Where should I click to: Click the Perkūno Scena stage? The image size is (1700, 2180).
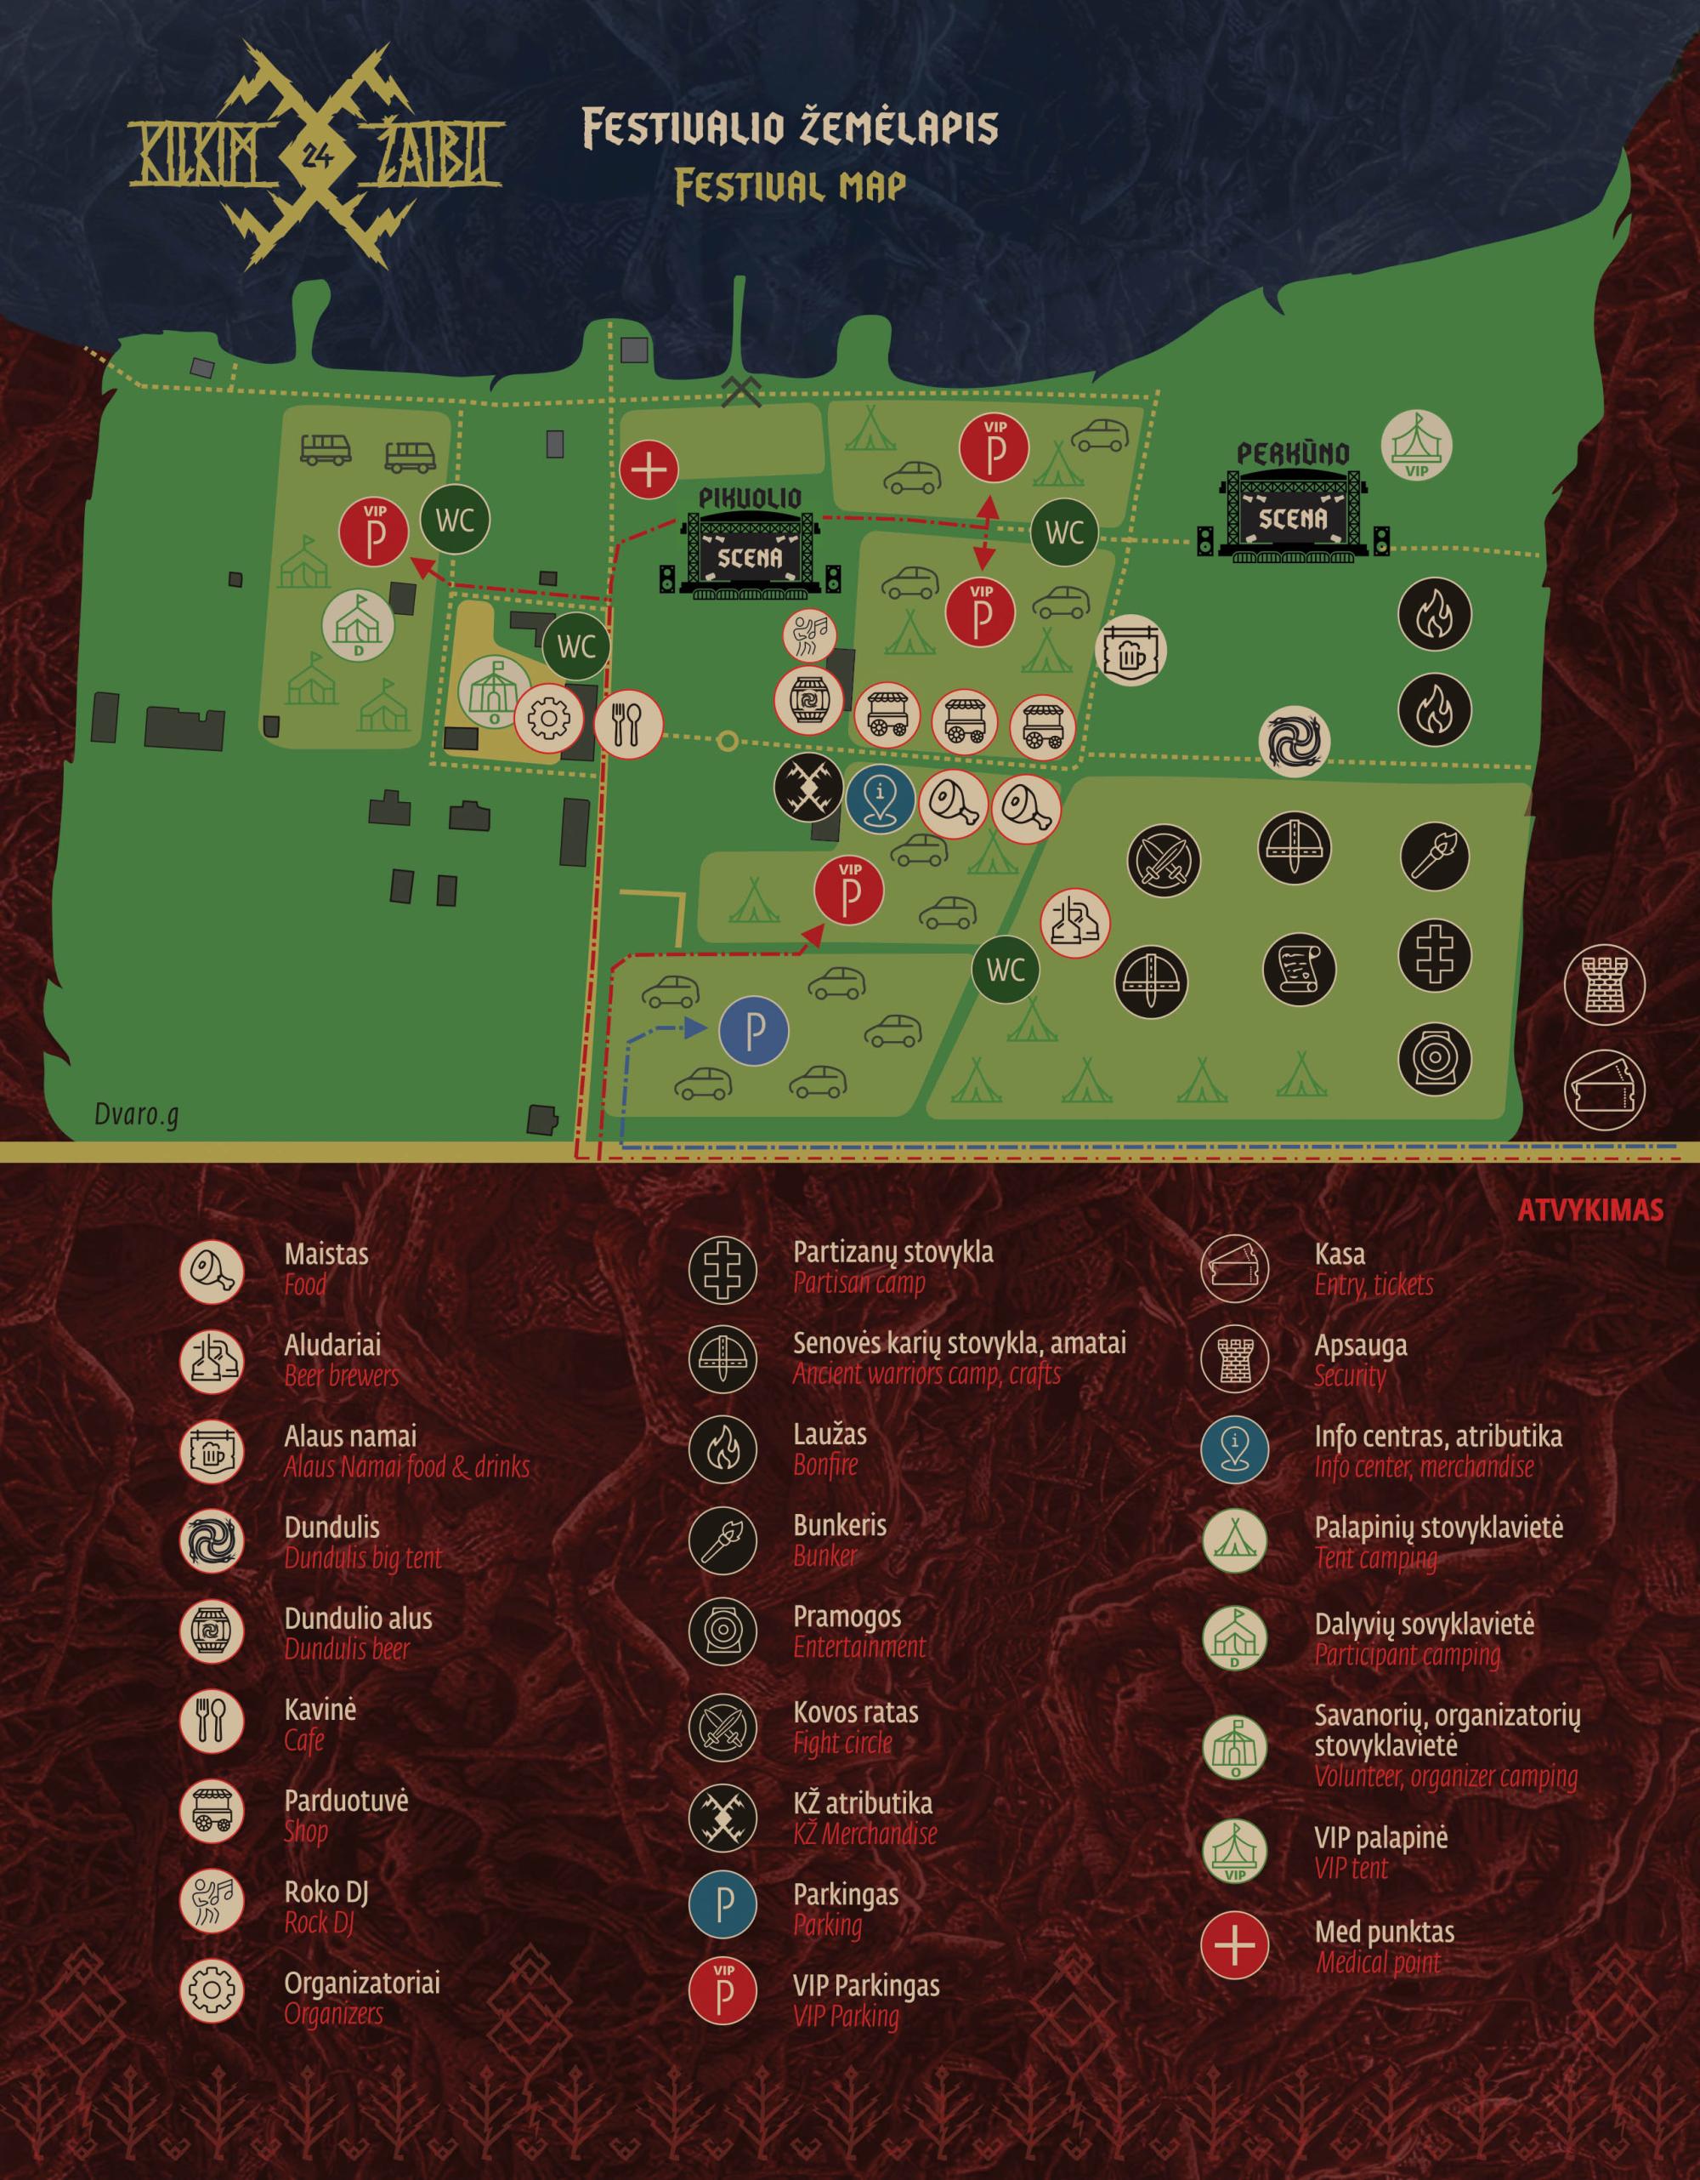pyautogui.click(x=1292, y=509)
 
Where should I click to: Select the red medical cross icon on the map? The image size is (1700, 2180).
pyautogui.click(x=649, y=470)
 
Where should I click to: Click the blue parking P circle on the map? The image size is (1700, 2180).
pyautogui.click(x=754, y=1031)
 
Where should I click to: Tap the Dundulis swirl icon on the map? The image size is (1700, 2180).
pyautogui.click(x=1295, y=741)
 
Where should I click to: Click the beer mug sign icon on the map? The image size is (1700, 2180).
pyautogui.click(x=1130, y=652)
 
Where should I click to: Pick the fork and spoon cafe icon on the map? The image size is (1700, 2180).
pyautogui.click(x=628, y=720)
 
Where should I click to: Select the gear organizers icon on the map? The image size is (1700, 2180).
pyautogui.click(x=547, y=717)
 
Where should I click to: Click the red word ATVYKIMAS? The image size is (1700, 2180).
pyautogui.click(x=1590, y=1210)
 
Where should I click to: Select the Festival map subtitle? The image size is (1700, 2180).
pyautogui.click(x=790, y=185)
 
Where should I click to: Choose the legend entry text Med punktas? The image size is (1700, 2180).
pyautogui.click(x=1384, y=1932)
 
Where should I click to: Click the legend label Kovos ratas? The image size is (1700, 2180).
pyautogui.click(x=856, y=1712)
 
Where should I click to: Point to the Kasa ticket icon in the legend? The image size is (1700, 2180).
pyautogui.click(x=1235, y=1269)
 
